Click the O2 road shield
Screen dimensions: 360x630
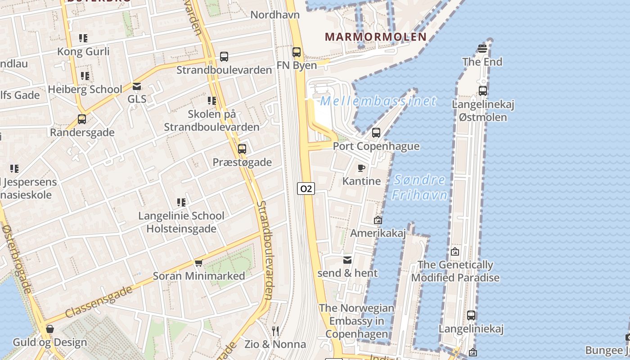tap(306, 189)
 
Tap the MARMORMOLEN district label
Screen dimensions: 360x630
tap(375, 37)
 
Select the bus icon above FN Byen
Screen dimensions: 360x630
tap(296, 52)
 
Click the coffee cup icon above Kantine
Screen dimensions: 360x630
tap(361, 168)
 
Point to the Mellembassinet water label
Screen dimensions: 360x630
tap(378, 101)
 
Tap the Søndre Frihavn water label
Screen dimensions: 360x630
tap(419, 188)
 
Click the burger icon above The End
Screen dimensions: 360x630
tap(482, 49)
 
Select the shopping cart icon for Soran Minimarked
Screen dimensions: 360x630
tap(198, 263)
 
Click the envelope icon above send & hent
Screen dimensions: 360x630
tap(347, 260)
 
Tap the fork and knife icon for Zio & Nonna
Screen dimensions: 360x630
tap(275, 332)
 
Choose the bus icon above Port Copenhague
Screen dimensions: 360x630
tap(376, 133)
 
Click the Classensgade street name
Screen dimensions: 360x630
tap(99, 301)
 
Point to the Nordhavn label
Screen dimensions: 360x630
tap(275, 15)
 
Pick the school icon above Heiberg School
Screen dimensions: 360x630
tap(85, 76)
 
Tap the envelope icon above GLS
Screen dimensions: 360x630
tap(137, 86)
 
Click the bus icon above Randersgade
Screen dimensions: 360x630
tap(82, 119)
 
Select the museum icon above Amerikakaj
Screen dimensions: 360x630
tap(378, 220)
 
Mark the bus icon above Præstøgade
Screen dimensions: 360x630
tap(242, 149)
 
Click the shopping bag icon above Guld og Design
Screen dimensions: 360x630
tap(50, 329)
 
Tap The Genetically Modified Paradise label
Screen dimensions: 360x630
tap(455, 271)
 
